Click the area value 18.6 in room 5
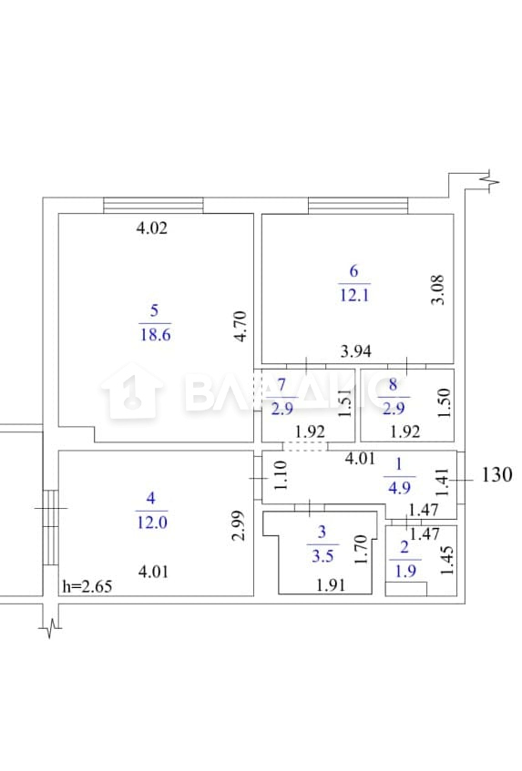tap(156, 335)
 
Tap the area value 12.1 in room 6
tap(354, 295)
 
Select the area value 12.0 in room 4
tap(152, 522)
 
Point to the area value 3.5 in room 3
tap(322, 555)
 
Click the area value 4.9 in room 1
tap(399, 487)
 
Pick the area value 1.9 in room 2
tap(405, 571)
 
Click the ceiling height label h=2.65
tap(87, 586)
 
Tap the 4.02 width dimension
tap(151, 228)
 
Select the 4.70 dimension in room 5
tap(241, 326)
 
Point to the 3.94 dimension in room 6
tap(356, 351)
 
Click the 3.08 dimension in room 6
tap(437, 289)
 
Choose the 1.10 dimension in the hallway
tap(280, 474)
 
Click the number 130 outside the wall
tap(496, 474)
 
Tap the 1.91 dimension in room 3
tap(331, 584)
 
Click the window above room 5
tap(153, 206)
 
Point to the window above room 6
tap(358, 206)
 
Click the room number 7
tap(281, 384)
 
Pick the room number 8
tap(393, 384)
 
